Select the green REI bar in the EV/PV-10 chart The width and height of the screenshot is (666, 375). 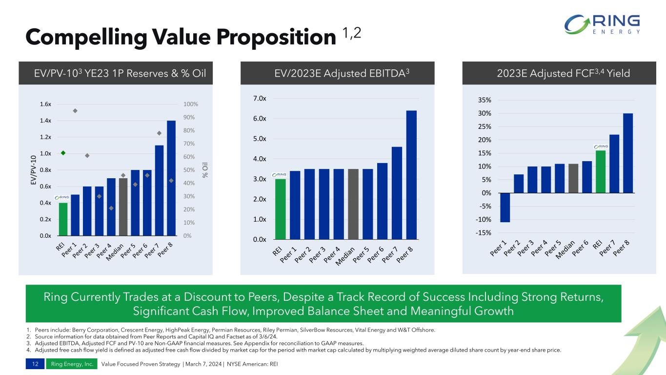tap(63, 219)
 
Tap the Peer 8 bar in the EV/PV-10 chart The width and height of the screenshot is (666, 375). tap(171, 178)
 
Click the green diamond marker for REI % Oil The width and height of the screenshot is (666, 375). tap(63, 153)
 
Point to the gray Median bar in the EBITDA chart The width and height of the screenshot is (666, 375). tap(353, 204)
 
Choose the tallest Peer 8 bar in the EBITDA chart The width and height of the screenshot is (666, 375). tap(411, 175)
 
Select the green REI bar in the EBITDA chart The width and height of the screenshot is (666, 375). tap(280, 209)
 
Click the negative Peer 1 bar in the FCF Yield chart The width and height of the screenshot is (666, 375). tap(505, 208)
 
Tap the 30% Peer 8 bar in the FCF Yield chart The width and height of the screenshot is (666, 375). tap(628, 153)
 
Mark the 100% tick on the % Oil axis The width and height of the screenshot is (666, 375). tap(190, 104)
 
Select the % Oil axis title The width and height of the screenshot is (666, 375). tap(206, 170)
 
